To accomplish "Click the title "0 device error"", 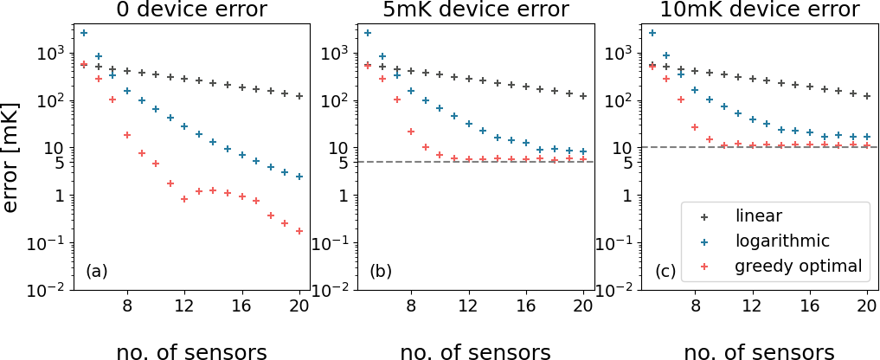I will (x=191, y=10).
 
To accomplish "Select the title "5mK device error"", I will (x=476, y=10).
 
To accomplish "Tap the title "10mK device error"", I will (x=760, y=10).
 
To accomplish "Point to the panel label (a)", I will (x=97, y=272).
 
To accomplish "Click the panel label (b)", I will (x=381, y=272).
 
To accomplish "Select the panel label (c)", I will (x=665, y=272).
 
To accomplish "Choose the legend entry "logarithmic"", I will (x=782, y=241).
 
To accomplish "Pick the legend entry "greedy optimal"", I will (x=798, y=266).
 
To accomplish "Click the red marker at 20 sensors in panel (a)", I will (x=299, y=231).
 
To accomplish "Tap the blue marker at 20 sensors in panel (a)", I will (x=299, y=177).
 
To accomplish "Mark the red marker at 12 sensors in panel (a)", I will (x=184, y=199).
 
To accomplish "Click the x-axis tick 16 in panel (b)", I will (x=526, y=305).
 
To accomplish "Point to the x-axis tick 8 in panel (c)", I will (x=695, y=305).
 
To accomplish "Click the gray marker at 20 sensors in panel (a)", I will (x=299, y=96).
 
